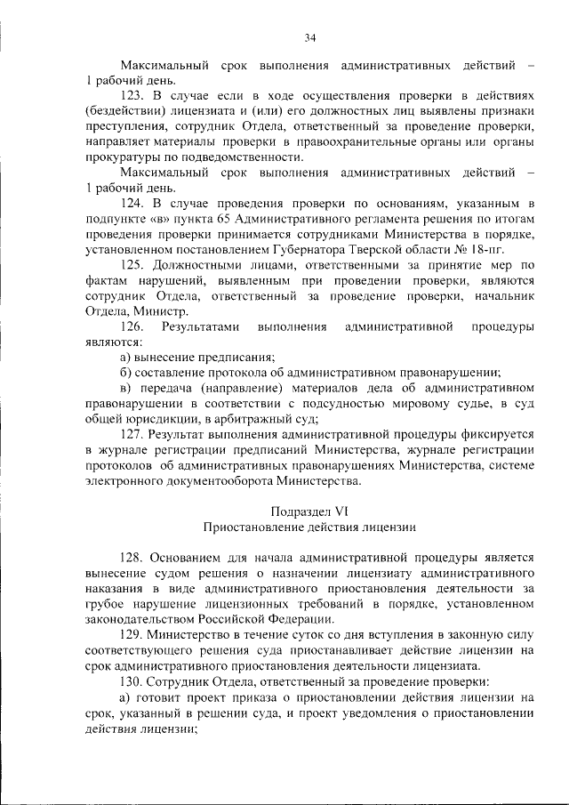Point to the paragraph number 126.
coord(130,326)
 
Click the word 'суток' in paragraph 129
coord(272,635)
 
